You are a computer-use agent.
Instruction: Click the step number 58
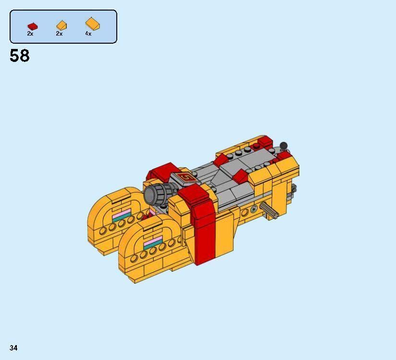tap(19, 56)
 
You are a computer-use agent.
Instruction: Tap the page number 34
tap(13, 348)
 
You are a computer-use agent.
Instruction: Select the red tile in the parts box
tap(32, 26)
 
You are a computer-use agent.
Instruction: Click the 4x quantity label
tap(88, 34)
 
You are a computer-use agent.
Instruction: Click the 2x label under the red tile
tap(30, 34)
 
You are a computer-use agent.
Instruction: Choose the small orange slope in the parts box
tap(62, 25)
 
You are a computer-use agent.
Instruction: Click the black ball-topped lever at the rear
tap(284, 145)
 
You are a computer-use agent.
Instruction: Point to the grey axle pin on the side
tap(269, 210)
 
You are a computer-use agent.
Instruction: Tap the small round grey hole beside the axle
tap(254, 210)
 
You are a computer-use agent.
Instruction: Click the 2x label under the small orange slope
tap(59, 34)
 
